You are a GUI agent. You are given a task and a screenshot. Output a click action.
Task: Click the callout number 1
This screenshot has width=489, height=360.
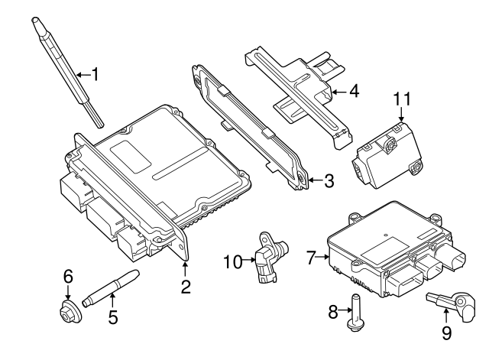click(x=96, y=74)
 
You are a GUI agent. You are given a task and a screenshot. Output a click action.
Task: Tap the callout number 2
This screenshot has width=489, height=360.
click(x=185, y=287)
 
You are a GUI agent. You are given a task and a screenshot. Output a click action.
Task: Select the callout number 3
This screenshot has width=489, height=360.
click(x=329, y=181)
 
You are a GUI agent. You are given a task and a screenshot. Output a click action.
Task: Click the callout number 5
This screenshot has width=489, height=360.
click(x=113, y=316)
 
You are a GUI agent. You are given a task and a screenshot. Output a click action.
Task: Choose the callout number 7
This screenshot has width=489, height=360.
click(x=311, y=258)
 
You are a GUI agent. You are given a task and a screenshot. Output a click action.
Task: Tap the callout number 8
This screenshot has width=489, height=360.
click(x=332, y=312)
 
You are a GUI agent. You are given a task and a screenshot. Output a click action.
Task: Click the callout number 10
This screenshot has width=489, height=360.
click(x=232, y=262)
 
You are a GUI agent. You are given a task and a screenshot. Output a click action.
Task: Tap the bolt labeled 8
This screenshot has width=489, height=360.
click(x=355, y=313)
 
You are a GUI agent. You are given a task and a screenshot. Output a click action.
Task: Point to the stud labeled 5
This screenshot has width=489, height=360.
click(x=112, y=286)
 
